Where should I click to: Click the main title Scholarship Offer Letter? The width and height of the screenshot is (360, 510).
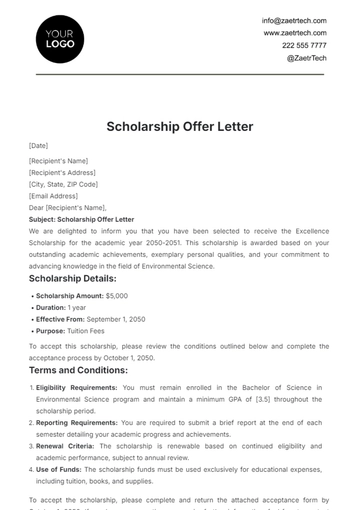click(180, 127)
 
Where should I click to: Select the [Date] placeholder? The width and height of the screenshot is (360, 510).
click(39, 147)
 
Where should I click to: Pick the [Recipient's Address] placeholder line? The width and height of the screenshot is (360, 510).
click(63, 172)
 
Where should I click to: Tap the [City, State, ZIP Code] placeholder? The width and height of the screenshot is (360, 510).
click(64, 184)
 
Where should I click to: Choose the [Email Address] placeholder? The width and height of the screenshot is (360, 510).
click(54, 196)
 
